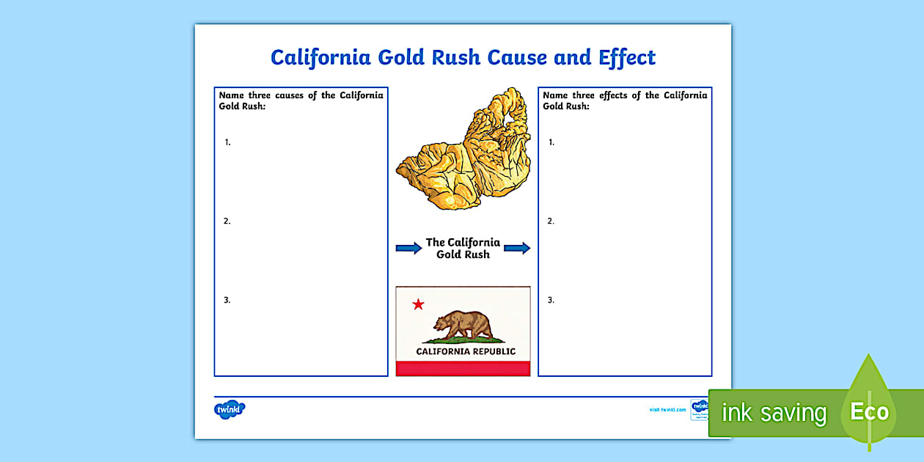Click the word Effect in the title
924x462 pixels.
pyautogui.click(x=626, y=57)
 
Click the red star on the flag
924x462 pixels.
pyautogui.click(x=418, y=304)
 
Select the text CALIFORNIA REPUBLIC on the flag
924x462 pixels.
pyautogui.click(x=466, y=351)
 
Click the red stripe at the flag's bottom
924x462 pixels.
pyautogui.click(x=463, y=368)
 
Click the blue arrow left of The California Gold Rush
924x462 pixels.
pyautogui.click(x=408, y=248)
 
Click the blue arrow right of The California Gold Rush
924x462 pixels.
pyautogui.click(x=517, y=248)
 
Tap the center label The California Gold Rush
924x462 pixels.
pyautogui.click(x=463, y=248)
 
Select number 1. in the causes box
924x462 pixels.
pyautogui.click(x=227, y=142)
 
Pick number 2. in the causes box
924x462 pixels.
pyautogui.click(x=227, y=221)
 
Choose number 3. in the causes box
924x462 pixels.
pyautogui.click(x=227, y=300)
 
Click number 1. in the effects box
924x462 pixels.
pyautogui.click(x=551, y=142)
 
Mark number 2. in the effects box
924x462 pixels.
pyautogui.click(x=551, y=221)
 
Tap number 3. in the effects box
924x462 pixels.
pyautogui.click(x=551, y=300)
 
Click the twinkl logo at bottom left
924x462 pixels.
pyautogui.click(x=229, y=410)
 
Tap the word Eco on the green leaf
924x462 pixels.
pyautogui.click(x=870, y=411)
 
